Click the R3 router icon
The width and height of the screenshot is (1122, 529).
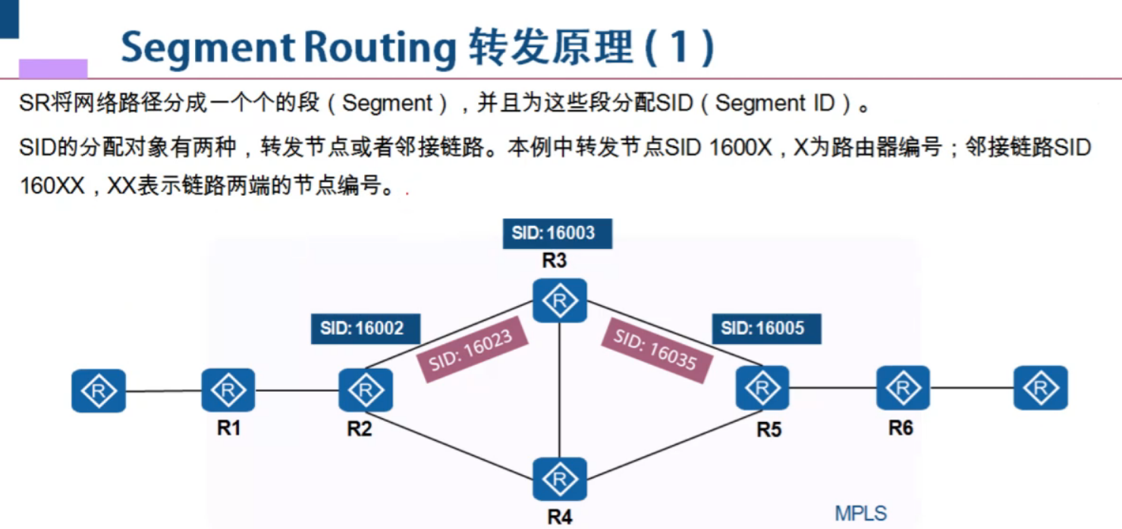[x=560, y=301]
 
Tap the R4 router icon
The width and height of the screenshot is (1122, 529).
[x=560, y=479]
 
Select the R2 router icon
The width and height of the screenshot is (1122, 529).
[x=366, y=390]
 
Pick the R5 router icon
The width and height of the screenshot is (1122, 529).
[x=762, y=389]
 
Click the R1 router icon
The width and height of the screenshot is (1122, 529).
[x=228, y=390]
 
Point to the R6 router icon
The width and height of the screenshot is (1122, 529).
[x=903, y=388]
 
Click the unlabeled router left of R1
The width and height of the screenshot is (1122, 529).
[x=99, y=392]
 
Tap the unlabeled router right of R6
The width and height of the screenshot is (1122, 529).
[x=1041, y=388]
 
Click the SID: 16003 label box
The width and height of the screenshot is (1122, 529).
[x=557, y=233]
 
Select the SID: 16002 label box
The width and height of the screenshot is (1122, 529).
[x=365, y=329]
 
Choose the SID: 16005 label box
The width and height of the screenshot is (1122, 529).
[x=766, y=329]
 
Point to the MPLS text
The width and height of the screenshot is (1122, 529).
[x=860, y=513]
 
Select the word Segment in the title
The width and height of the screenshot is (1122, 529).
[x=209, y=48]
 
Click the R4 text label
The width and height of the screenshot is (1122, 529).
[x=559, y=518]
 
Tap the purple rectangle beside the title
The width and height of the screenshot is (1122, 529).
[x=53, y=68]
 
